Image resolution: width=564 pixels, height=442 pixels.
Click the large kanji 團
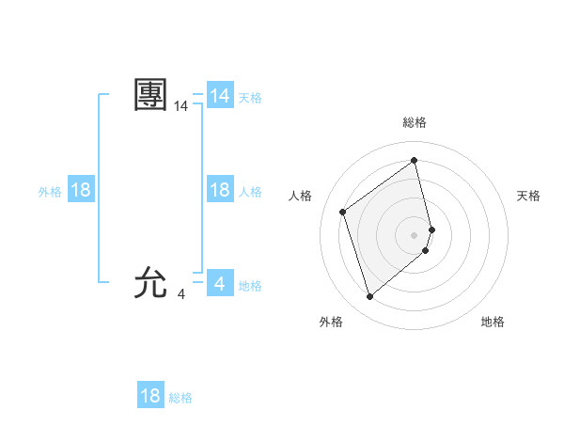pos(151,95)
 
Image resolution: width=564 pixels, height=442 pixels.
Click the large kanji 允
pos(151,281)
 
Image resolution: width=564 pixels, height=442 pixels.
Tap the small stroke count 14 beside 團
pos(181,108)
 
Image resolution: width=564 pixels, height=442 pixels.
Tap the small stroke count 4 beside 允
pos(181,294)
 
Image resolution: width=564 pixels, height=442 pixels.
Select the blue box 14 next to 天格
pos(220,96)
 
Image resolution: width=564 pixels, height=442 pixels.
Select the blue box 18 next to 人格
pos(220,190)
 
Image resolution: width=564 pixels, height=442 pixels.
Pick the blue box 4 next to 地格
pos(220,284)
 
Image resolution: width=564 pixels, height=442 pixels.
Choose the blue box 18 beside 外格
pos(81,190)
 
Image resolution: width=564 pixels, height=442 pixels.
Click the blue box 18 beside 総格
pos(150,396)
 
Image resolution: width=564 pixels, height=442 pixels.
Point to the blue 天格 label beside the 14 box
pos(250,98)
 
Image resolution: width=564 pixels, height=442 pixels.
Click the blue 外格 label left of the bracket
pos(50,192)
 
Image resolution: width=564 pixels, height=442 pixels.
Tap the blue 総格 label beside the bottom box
pos(180,398)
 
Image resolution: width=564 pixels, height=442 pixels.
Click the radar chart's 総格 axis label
pos(415,123)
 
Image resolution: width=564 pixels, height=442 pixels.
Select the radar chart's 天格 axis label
pos(529,196)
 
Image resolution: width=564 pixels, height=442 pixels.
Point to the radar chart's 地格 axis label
pos(493,322)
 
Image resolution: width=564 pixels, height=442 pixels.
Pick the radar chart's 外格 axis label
pos(331,322)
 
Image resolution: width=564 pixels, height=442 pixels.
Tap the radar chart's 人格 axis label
pos(300,196)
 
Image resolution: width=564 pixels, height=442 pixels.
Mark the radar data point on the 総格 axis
pos(415,160)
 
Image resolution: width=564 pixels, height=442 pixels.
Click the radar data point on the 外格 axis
pos(370,297)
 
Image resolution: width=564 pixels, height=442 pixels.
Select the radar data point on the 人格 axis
pos(343,212)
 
